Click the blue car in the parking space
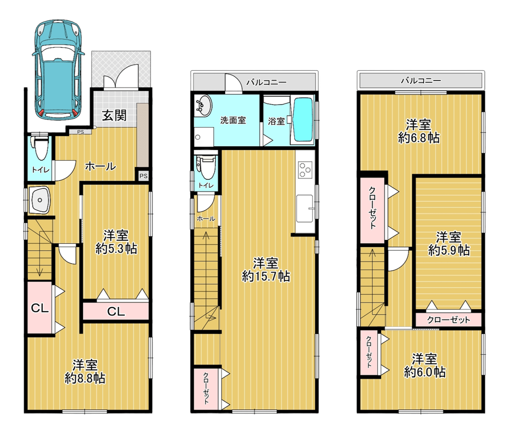(x=58, y=70)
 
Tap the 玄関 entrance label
(x=114, y=115)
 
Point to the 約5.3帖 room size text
(x=116, y=249)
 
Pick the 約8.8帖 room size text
(x=85, y=378)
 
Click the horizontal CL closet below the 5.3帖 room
(x=116, y=311)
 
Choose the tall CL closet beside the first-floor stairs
(x=39, y=308)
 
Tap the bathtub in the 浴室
(x=303, y=120)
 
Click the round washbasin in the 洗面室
(x=203, y=106)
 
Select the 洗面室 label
(x=233, y=120)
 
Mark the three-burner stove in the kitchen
(x=305, y=170)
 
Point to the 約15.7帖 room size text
(x=266, y=276)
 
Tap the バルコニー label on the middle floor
(x=267, y=82)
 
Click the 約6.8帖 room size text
(x=419, y=138)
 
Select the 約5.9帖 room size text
(x=449, y=250)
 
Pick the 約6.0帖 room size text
(x=424, y=372)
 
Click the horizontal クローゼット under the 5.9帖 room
(x=448, y=320)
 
